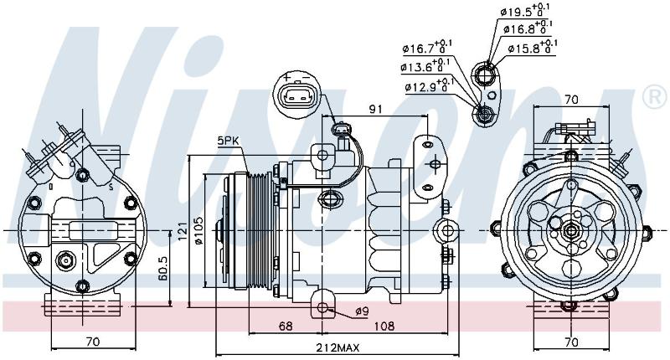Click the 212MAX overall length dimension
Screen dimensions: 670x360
pos(338,347)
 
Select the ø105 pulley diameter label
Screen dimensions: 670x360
pos(198,230)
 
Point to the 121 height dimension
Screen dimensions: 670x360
pos(183,231)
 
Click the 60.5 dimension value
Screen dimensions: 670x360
pos(162,268)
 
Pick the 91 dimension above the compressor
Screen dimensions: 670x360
pos(375,109)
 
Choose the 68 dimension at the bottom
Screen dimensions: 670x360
pos(286,326)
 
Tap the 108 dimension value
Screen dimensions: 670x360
pos(384,326)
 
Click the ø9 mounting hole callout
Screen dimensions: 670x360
pos(362,312)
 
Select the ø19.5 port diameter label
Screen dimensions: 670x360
pos(524,10)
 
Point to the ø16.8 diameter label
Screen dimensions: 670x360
pos(528,28)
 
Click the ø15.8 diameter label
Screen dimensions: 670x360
pos(533,47)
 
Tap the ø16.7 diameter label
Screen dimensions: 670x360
pos(427,47)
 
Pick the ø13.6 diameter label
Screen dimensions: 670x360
pos(425,66)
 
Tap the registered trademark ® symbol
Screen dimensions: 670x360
pos(654,97)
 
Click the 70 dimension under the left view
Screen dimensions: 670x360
pos(93,342)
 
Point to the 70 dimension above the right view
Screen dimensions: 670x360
pos(571,100)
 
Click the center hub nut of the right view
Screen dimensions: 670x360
pos(570,231)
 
